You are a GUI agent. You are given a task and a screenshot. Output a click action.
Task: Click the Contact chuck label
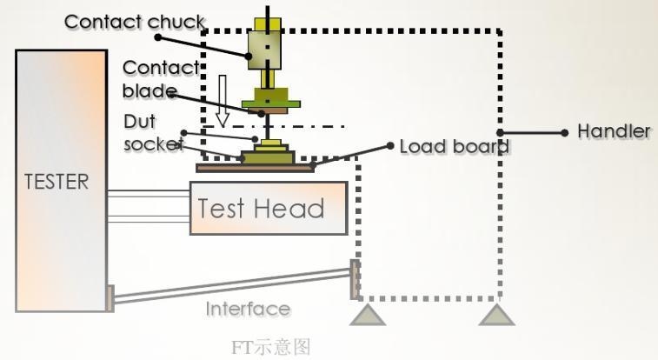pos(134,22)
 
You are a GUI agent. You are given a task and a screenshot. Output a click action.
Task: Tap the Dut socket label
pos(153,132)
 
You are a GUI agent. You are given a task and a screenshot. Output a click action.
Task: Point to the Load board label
pos(454,146)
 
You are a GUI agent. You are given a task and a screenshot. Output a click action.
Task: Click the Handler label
pos(614,132)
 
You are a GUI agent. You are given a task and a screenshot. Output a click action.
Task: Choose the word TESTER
pos(57,182)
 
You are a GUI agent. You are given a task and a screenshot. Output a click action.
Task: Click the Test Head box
pos(268,208)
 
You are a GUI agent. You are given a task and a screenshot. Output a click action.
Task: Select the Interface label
pos(248,309)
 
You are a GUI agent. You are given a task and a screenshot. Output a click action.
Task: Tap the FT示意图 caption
pos(270,348)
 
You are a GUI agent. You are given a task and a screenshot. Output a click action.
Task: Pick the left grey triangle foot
pos(367,314)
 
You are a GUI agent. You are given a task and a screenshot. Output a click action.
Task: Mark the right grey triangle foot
pos(496,314)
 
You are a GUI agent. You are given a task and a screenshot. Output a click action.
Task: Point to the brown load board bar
pos(255,167)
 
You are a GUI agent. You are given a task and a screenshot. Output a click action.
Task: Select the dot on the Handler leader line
pos(565,132)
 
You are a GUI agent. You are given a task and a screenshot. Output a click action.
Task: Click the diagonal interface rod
pos(230,286)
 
